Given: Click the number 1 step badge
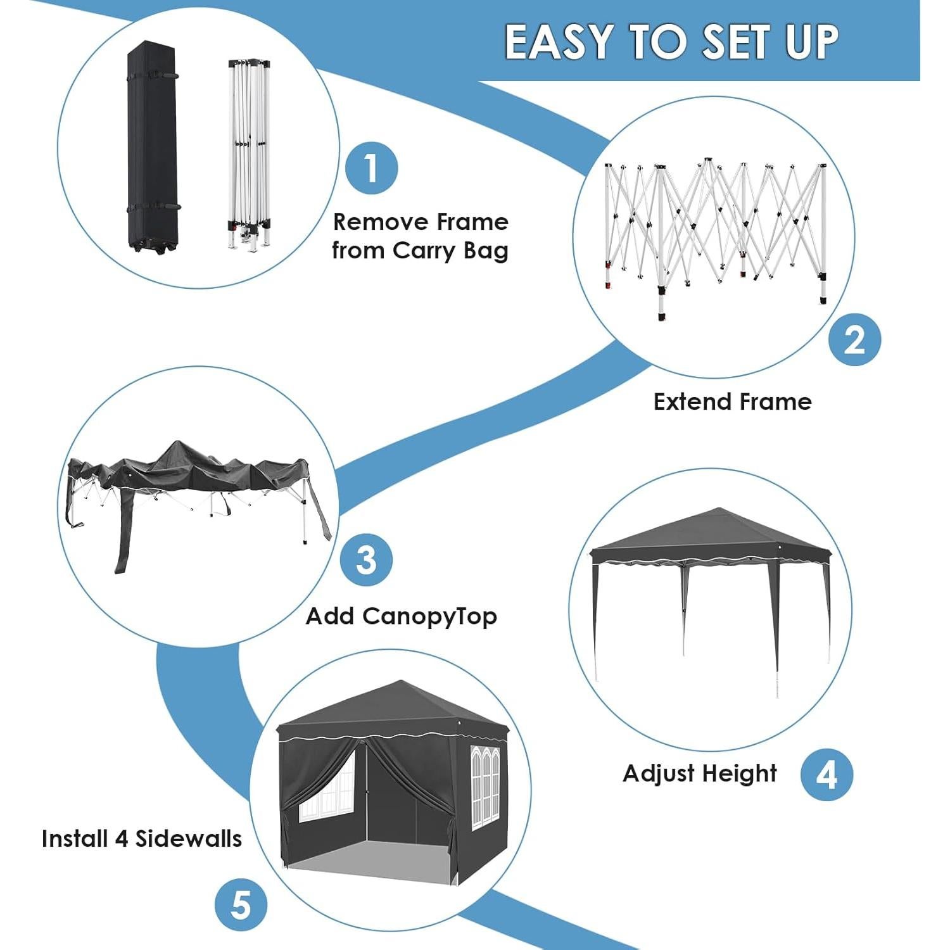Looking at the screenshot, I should [372, 168].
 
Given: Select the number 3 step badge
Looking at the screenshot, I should [366, 560].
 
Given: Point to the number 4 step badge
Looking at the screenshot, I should [826, 774].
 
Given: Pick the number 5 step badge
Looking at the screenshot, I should [241, 905].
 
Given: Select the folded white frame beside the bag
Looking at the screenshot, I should [249, 152].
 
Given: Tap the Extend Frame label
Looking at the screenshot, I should [732, 402].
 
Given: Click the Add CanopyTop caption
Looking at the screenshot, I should [401, 616].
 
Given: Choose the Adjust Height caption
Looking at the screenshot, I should [699, 773].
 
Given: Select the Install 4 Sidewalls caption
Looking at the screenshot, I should [142, 839].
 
